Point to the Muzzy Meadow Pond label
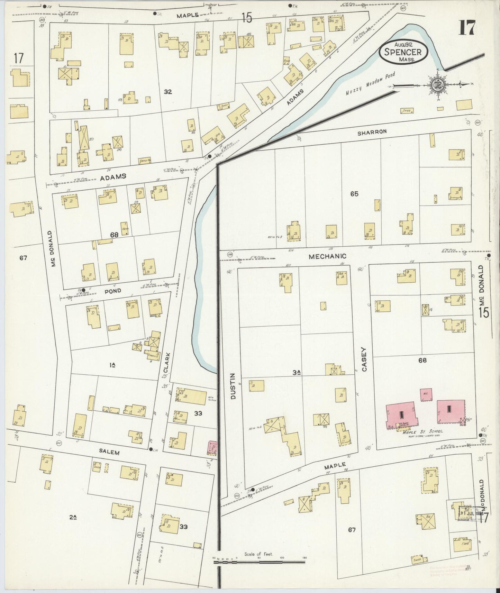point(370,84)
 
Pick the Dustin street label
point(233,386)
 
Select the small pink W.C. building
point(425,395)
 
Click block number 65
point(354,194)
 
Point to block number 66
point(422,360)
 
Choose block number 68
point(114,235)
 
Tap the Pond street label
point(113,291)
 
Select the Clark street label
point(167,362)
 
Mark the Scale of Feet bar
point(259,562)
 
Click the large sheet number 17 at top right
point(467,28)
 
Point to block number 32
point(168,92)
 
